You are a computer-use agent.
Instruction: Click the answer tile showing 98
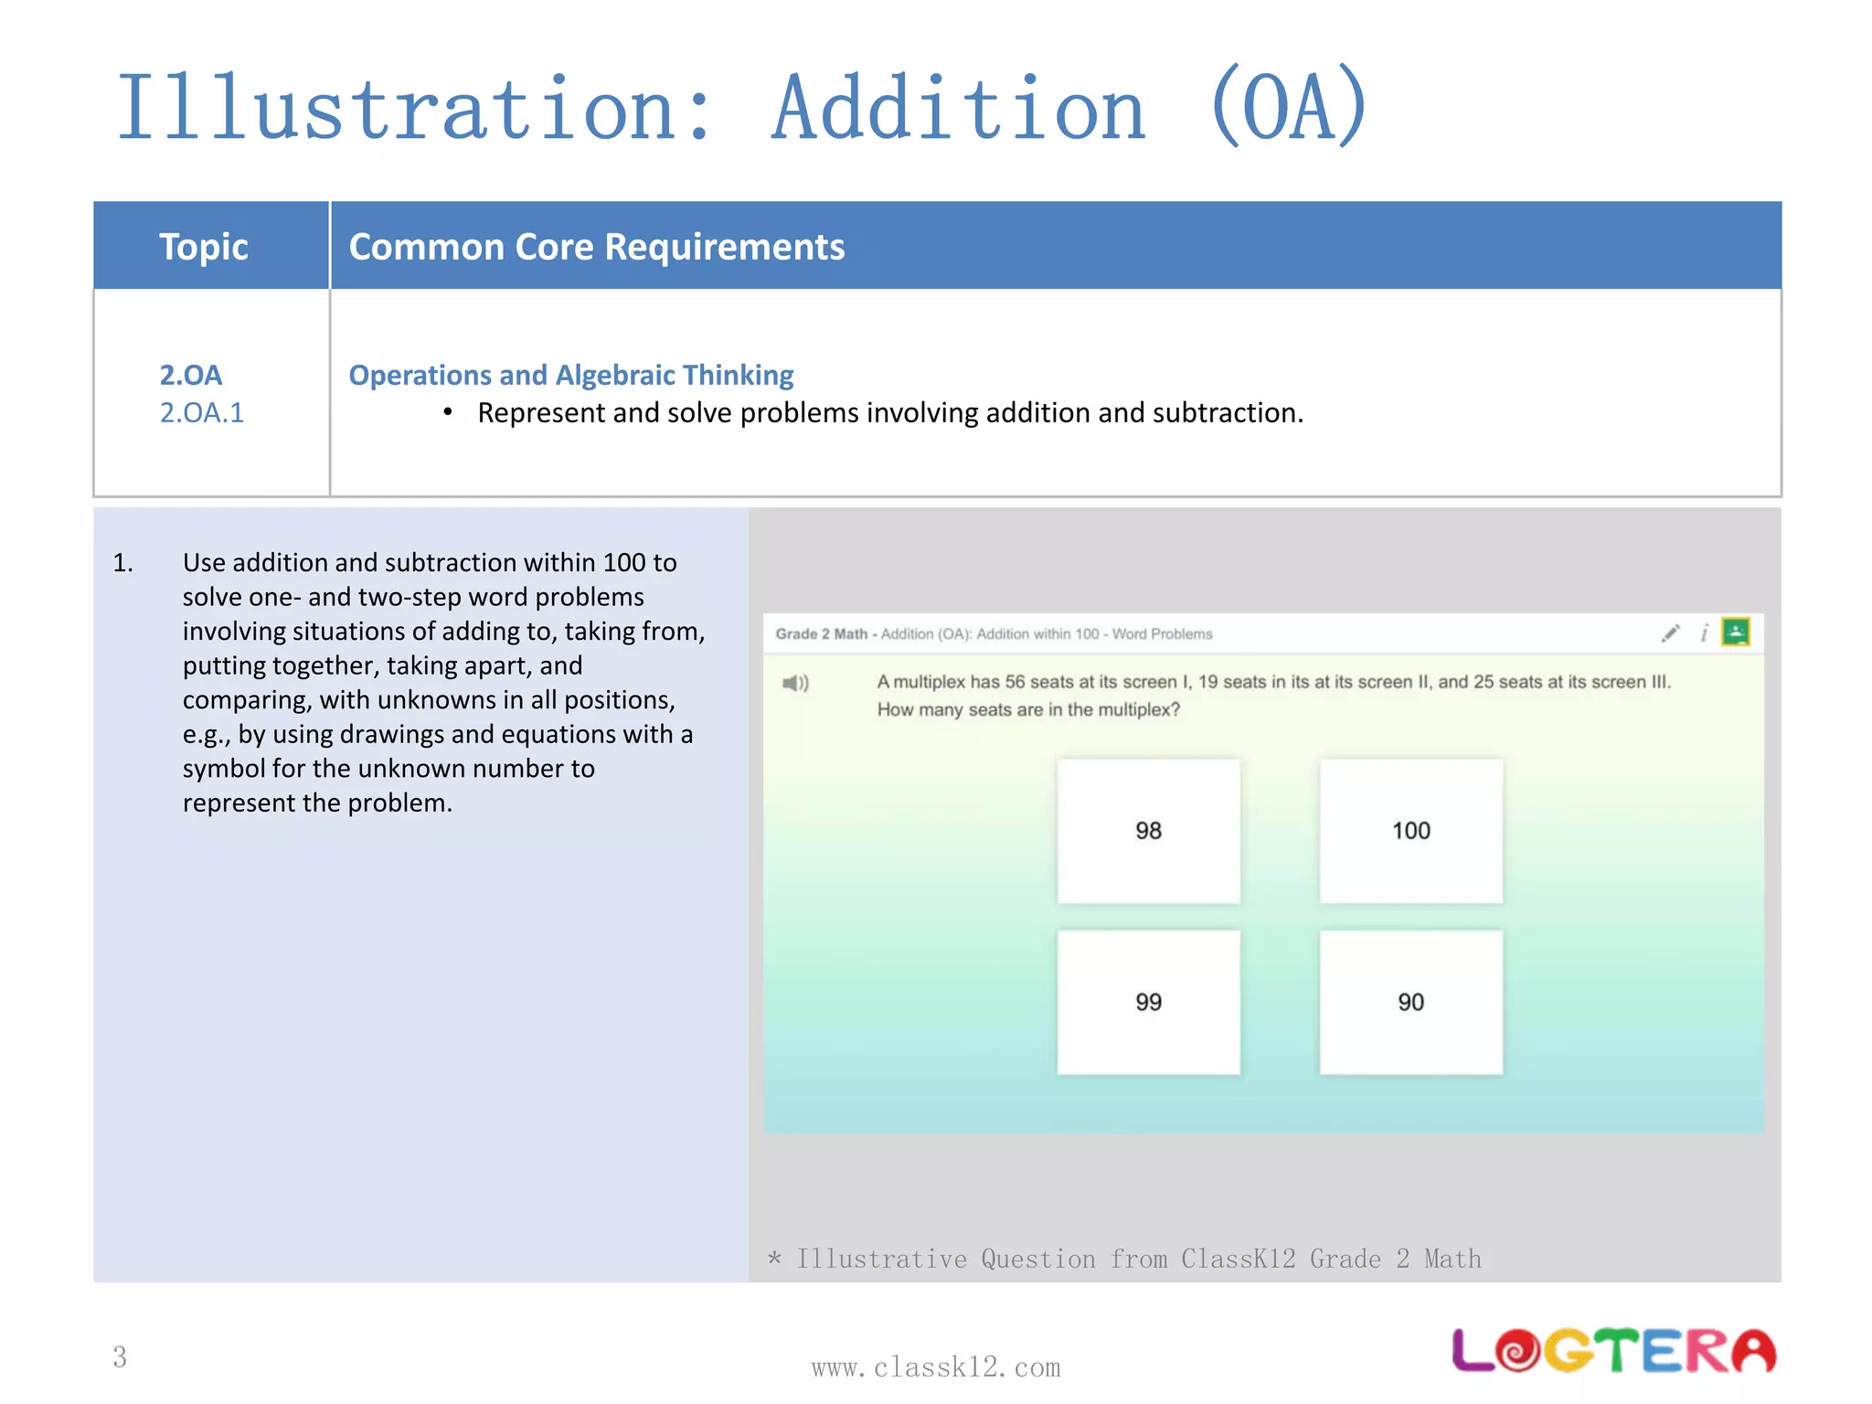[1148, 831]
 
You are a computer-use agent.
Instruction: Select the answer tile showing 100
[1410, 831]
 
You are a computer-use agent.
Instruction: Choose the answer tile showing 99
[1148, 1002]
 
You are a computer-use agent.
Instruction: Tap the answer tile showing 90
[1410, 1002]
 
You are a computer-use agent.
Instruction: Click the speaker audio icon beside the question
[795, 683]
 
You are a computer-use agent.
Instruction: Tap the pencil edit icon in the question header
[1670, 633]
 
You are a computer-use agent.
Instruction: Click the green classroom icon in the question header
[1735, 632]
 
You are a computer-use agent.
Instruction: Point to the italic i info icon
[1704, 633]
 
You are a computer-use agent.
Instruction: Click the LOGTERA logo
[1613, 1351]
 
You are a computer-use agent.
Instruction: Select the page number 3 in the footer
[120, 1356]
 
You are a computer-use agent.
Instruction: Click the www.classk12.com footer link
[935, 1367]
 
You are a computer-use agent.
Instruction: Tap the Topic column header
[204, 247]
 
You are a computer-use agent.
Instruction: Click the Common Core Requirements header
[597, 247]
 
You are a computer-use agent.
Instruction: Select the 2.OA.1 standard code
[202, 413]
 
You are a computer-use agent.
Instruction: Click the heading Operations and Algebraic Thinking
[571, 375]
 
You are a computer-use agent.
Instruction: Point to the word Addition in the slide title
[958, 109]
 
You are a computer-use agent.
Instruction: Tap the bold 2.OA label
[191, 375]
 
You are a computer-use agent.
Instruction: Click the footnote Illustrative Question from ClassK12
[1125, 1259]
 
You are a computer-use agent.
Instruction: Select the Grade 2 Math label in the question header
[821, 633]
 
